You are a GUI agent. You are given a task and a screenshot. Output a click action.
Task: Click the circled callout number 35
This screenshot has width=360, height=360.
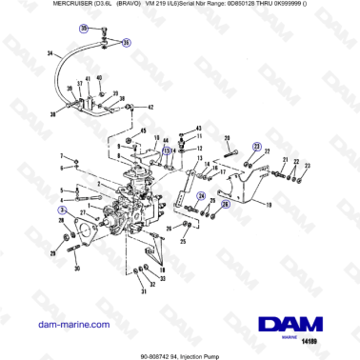coord(83,30)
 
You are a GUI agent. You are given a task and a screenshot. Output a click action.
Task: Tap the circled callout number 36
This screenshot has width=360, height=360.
coord(128,43)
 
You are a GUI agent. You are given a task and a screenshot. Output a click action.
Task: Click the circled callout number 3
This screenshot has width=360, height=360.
coord(62,209)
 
